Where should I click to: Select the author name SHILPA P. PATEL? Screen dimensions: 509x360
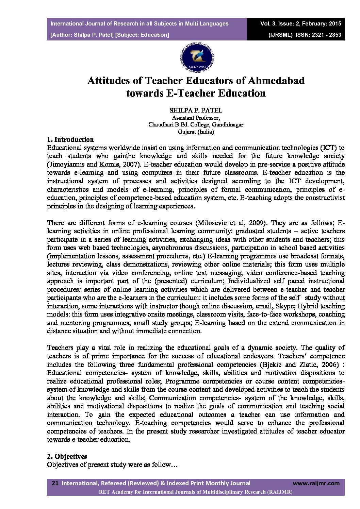(x=196, y=111)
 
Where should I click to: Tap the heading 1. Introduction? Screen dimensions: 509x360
(x=70, y=139)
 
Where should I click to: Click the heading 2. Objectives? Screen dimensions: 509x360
(x=67, y=456)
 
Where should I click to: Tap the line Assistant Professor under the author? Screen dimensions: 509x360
(x=196, y=118)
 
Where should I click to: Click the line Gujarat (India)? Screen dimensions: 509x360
(x=196, y=132)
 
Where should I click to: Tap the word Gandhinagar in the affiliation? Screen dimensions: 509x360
(x=228, y=125)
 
